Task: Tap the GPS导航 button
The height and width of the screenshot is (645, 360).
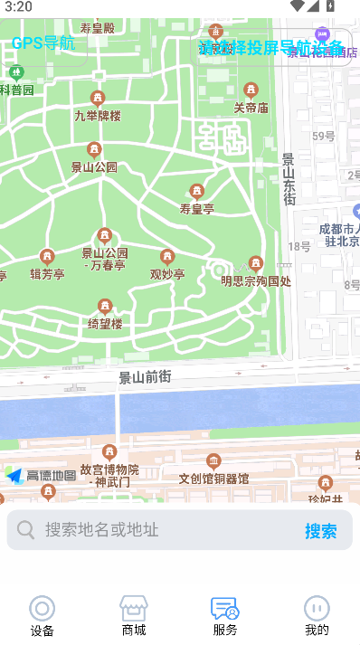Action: (x=43, y=43)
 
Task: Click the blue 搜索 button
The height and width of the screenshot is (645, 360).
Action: (x=320, y=531)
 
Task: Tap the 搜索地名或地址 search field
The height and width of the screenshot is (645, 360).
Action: (x=163, y=530)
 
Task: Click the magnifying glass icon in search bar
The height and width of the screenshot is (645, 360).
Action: (x=26, y=530)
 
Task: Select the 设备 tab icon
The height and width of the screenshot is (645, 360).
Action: (x=42, y=609)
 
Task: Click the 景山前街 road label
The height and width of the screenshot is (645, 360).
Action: (x=145, y=376)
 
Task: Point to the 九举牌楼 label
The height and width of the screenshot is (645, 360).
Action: (x=97, y=116)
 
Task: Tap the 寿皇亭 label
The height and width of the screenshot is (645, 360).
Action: (x=196, y=209)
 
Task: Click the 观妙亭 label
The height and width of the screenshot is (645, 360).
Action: (x=166, y=274)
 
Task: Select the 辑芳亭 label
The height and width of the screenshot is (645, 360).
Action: (x=47, y=274)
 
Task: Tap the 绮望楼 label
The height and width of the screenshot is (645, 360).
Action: (x=105, y=323)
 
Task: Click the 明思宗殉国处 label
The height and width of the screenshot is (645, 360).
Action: (x=256, y=280)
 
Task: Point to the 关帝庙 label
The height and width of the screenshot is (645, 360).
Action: (x=251, y=108)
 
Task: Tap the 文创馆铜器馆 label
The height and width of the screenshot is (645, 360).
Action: (x=213, y=479)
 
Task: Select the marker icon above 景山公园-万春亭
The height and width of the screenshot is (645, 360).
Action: (x=105, y=236)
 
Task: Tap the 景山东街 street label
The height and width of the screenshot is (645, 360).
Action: (x=289, y=179)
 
